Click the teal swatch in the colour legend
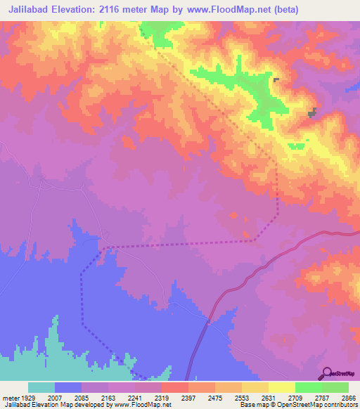(41, 387)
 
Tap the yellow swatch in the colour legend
(281, 387)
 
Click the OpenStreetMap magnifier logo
(326, 373)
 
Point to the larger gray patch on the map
(311, 112)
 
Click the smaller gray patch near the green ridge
(276, 80)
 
